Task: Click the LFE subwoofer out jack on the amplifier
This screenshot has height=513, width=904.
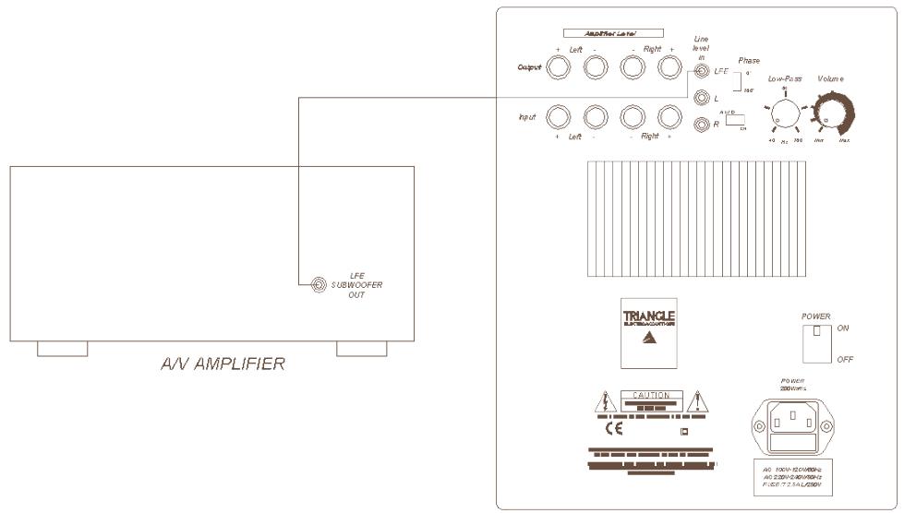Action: pyautogui.click(x=319, y=285)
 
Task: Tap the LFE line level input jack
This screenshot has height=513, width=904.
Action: pyautogui.click(x=703, y=70)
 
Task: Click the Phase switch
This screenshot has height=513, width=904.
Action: pyautogui.click(x=736, y=81)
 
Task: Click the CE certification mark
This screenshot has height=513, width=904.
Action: pyautogui.click(x=613, y=429)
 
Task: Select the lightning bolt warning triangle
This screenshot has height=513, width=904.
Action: pyautogui.click(x=602, y=401)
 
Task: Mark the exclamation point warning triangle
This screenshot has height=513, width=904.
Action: pyautogui.click(x=698, y=401)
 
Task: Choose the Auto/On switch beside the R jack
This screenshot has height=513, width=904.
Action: pyautogui.click(x=735, y=125)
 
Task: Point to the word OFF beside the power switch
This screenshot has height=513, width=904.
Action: pyautogui.click(x=845, y=359)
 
